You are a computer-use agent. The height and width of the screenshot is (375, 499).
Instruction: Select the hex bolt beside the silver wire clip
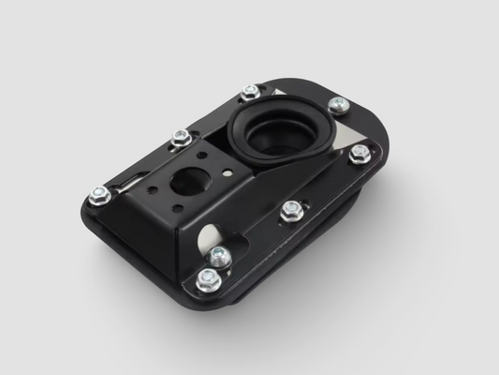point(99,195)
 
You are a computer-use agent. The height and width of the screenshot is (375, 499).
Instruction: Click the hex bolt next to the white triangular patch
point(250,93)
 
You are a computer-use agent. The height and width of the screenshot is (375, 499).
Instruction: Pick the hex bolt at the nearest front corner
point(207,278)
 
